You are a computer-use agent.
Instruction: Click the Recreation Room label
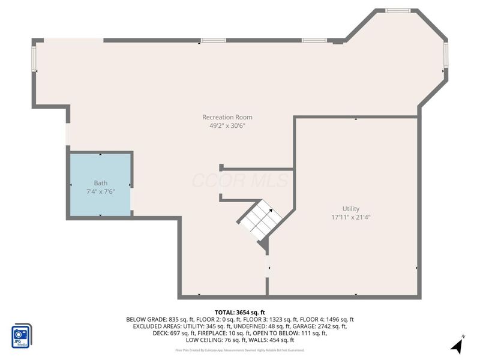point(227,117)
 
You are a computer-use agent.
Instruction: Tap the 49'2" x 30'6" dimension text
point(227,126)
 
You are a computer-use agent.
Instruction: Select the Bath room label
point(100,183)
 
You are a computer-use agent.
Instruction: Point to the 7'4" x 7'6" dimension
point(100,191)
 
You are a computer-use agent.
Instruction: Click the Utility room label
point(351,209)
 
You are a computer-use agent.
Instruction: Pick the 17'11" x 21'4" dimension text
point(351,217)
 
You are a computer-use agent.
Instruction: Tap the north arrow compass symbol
point(458,345)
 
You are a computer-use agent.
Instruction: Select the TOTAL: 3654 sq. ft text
point(240,312)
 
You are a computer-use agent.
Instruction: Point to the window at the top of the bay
point(397,10)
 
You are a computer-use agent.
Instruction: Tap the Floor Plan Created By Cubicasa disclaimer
point(240,350)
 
